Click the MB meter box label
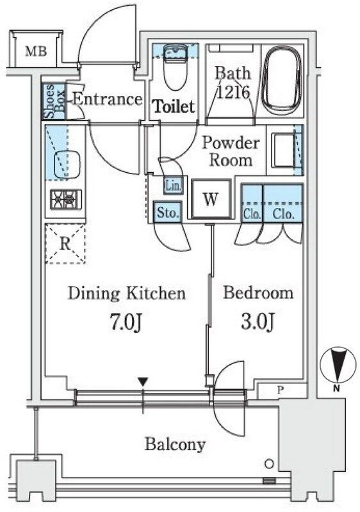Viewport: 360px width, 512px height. point(36,51)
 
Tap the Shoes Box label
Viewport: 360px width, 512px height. point(54,101)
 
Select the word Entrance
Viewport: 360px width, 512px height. point(107,99)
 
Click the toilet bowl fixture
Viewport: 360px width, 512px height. point(175,68)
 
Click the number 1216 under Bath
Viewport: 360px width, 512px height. point(233,92)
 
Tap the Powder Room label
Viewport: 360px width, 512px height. point(231,152)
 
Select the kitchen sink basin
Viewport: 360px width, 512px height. point(67,164)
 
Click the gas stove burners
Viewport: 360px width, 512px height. point(66,199)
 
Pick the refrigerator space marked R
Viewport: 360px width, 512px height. point(65,244)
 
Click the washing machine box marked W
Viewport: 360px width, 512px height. point(211,198)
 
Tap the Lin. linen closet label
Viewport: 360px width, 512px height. point(173,186)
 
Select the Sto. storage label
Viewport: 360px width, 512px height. point(168,212)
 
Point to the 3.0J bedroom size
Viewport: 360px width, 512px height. point(258,322)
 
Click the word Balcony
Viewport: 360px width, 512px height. point(176,444)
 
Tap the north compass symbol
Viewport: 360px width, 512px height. point(337,365)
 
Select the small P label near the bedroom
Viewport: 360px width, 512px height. point(280,390)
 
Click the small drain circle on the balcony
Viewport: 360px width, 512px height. point(269,464)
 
